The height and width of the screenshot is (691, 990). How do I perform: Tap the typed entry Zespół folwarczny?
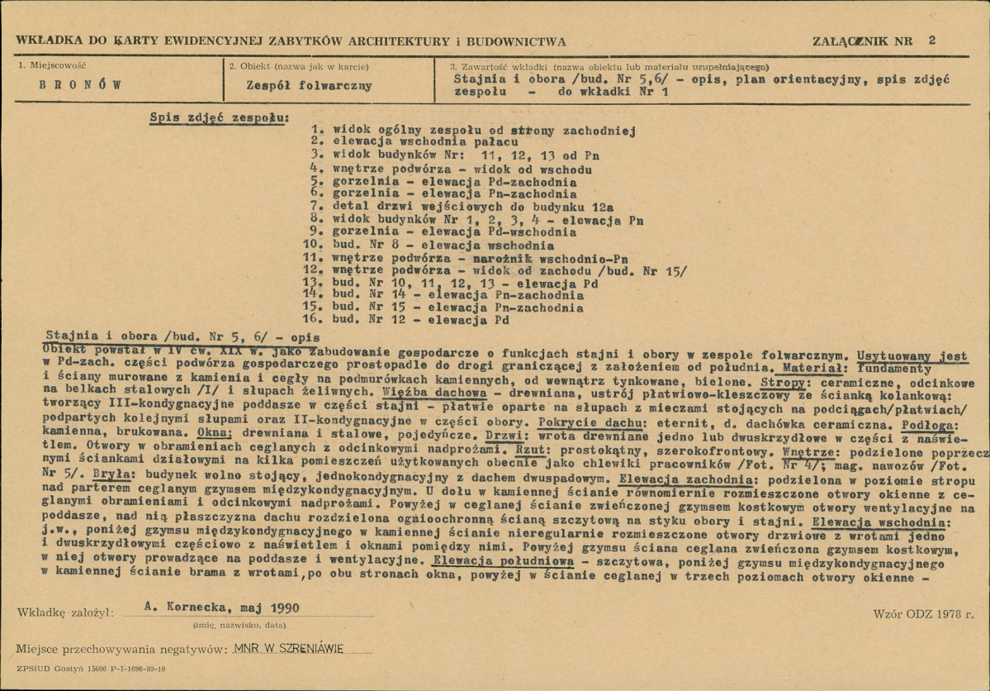click(x=310, y=85)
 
